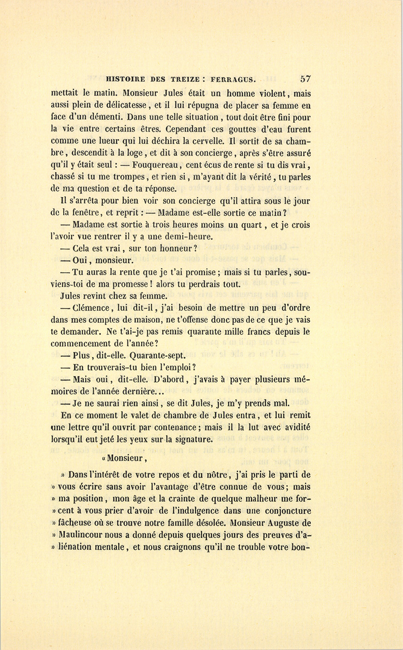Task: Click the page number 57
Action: (x=305, y=79)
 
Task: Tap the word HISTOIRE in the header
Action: (x=125, y=80)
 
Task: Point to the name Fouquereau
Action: (x=155, y=165)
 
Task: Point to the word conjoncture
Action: (x=283, y=510)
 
